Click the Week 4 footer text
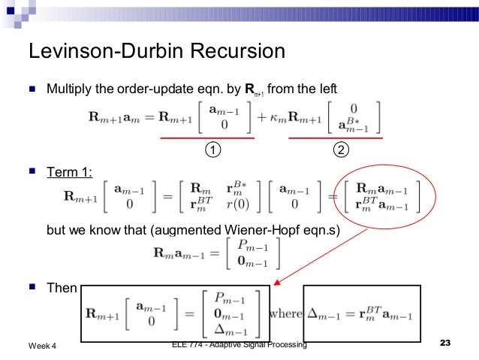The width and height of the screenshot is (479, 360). [x=46, y=345]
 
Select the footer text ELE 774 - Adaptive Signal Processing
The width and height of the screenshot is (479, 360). [x=239, y=344]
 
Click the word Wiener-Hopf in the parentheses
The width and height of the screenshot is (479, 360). [x=258, y=231]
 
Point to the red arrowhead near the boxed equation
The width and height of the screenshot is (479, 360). [x=276, y=283]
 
